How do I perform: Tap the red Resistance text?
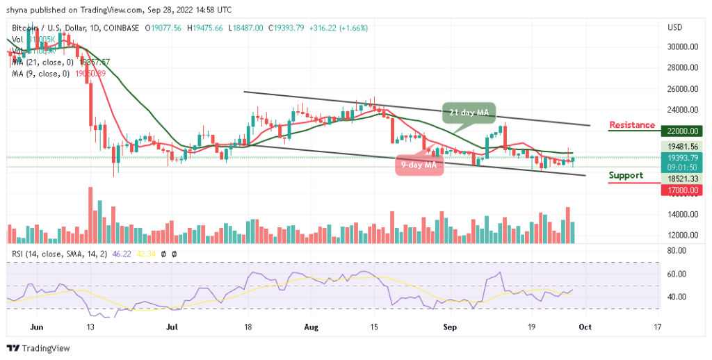click(x=631, y=125)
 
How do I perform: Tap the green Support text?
click(x=626, y=175)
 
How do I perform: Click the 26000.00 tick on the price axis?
click(x=683, y=89)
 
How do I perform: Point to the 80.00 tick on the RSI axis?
click(x=677, y=252)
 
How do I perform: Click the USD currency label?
click(x=675, y=28)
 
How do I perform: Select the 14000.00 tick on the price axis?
click(x=683, y=215)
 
